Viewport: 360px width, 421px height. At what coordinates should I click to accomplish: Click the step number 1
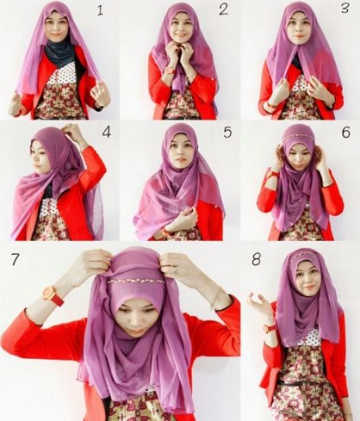100,10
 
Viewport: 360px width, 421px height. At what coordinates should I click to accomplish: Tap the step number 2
223,9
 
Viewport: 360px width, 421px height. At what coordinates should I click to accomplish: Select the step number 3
345,8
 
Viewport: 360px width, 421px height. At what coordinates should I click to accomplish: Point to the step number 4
107,132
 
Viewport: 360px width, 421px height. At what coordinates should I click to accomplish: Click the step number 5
227,132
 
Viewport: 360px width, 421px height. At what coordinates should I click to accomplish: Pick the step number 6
346,132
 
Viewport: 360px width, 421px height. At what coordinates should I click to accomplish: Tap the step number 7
15,259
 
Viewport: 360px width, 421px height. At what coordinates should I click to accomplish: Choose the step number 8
256,259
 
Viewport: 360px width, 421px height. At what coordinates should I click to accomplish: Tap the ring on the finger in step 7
176,270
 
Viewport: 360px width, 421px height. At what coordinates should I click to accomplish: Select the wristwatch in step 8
270,328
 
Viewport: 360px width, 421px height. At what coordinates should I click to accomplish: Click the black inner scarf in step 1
60,53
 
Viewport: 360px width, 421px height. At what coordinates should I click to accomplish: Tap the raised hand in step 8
259,304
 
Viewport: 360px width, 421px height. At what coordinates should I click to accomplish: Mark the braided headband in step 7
136,282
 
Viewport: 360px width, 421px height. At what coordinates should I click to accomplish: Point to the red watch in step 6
273,174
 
